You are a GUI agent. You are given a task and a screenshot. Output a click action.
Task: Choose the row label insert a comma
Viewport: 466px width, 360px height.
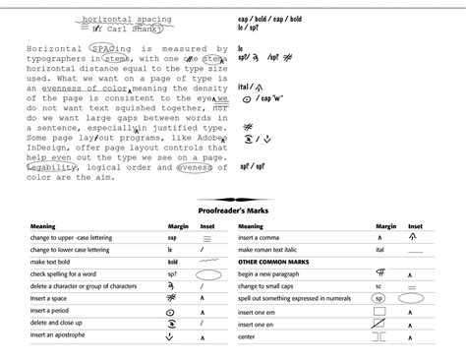click(265, 238)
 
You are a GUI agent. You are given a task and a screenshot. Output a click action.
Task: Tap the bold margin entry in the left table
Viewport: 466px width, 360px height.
click(172, 263)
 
